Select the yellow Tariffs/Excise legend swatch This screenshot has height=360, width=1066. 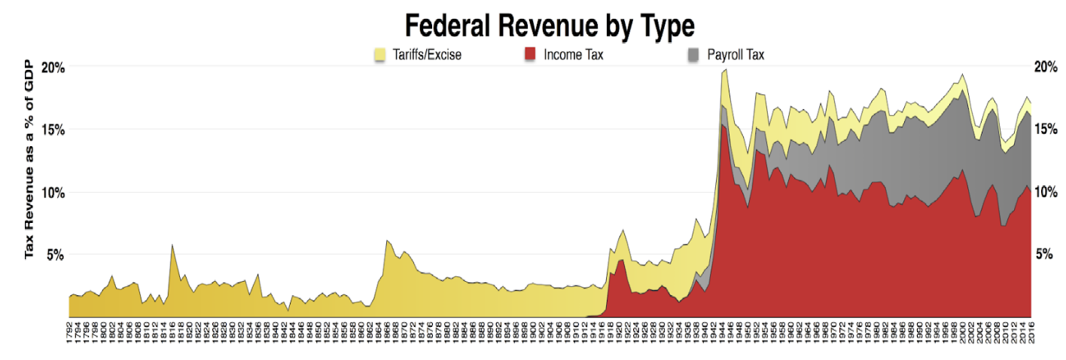[380, 54]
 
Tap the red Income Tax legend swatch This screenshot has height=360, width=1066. [530, 54]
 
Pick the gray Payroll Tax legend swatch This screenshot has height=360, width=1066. [693, 54]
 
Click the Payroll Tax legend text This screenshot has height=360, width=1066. [736, 54]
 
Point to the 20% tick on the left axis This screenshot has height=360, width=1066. [53, 67]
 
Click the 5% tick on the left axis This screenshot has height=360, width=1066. [56, 255]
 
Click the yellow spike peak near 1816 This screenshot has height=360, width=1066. [172, 245]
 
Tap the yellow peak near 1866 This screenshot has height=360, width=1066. [387, 241]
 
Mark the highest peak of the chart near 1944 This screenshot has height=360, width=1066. [725, 70]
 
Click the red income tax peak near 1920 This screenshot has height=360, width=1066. [621, 260]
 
